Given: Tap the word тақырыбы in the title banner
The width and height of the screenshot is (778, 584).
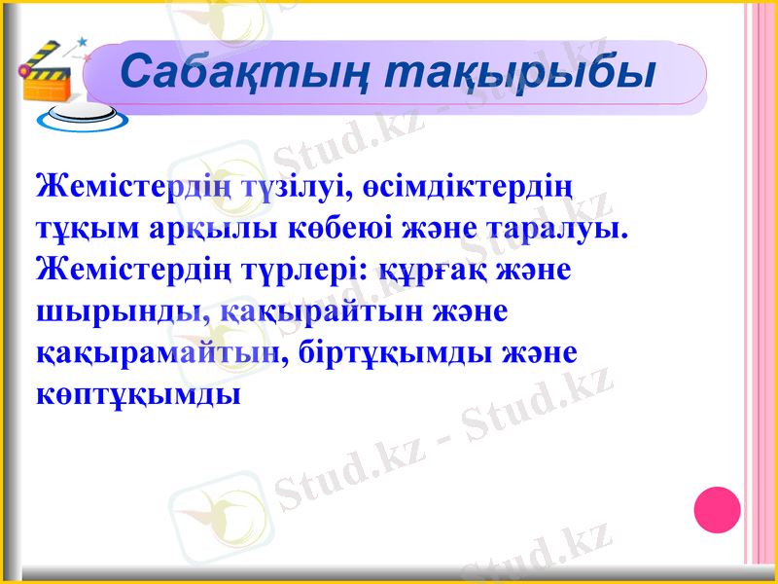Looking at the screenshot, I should pos(517,71).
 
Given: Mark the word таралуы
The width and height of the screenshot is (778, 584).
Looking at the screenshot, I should pos(555,228).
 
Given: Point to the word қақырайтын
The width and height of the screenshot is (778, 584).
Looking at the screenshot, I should pos(318,312).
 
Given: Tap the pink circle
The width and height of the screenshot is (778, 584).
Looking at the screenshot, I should pos(718,509).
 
